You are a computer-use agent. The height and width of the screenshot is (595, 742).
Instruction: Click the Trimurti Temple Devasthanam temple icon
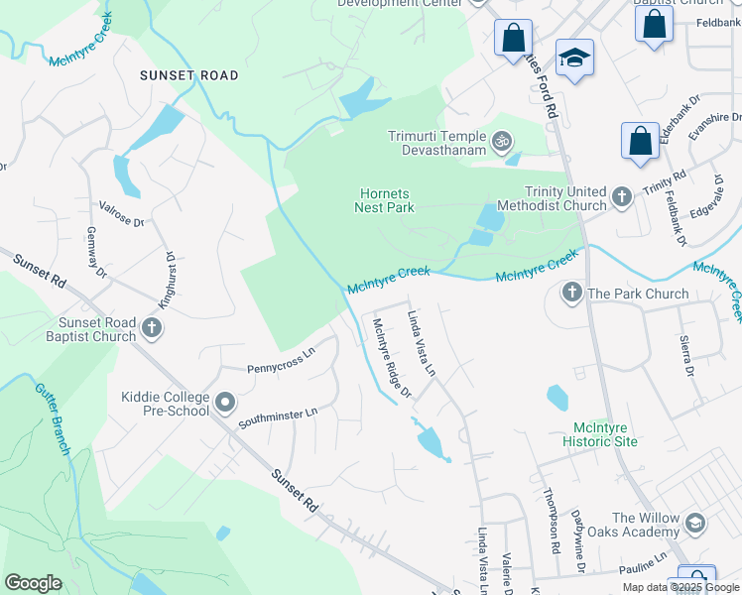[503, 142]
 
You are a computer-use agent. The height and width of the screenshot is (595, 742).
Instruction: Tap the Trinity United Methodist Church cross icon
[622, 196]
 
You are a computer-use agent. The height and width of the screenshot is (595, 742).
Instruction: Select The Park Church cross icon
[571, 293]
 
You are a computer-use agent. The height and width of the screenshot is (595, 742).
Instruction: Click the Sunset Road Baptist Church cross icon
[151, 327]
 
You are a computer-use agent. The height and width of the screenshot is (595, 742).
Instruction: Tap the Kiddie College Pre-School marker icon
[225, 404]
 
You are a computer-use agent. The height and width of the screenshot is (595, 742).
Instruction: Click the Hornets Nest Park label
[384, 201]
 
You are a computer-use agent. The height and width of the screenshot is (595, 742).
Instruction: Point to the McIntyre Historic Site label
[599, 434]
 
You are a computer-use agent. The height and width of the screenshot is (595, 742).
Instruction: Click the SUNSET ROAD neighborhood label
[188, 75]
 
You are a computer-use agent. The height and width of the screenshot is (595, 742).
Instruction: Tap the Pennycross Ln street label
[281, 359]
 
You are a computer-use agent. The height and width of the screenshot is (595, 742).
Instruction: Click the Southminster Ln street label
[278, 418]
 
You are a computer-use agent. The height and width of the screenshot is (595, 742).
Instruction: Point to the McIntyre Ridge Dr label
[391, 358]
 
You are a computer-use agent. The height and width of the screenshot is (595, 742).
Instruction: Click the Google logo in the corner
[33, 583]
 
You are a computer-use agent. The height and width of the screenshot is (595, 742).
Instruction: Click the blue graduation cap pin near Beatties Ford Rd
[574, 60]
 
